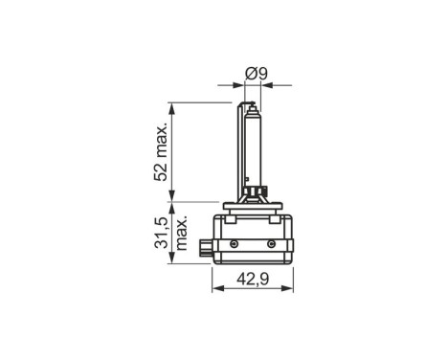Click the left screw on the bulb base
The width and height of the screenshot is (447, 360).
[227, 244]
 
